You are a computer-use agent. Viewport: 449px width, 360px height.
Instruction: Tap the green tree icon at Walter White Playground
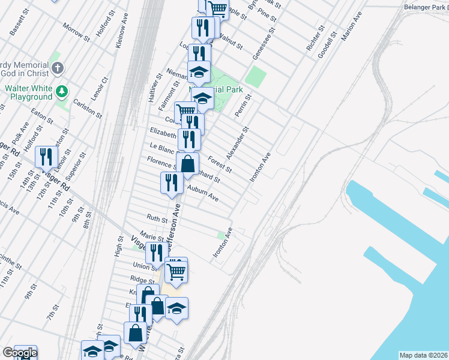pyautogui.click(x=61, y=91)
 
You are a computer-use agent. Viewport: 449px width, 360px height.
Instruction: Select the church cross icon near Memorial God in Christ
pyautogui.click(x=56, y=68)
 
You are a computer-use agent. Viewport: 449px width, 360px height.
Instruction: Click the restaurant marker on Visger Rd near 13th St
pyautogui.click(x=46, y=157)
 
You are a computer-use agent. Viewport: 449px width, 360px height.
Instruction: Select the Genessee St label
pyautogui.click(x=264, y=44)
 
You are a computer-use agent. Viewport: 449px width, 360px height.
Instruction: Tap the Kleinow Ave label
pyautogui.click(x=122, y=32)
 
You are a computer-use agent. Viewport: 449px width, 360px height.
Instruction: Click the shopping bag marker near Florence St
pyautogui.click(x=188, y=163)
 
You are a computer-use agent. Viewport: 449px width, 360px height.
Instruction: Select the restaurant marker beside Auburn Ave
pyautogui.click(x=172, y=182)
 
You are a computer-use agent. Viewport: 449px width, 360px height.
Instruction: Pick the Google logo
pyautogui.click(x=19, y=353)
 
